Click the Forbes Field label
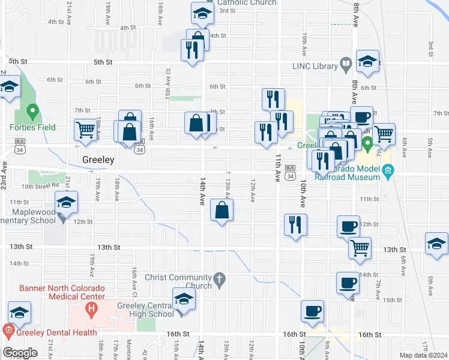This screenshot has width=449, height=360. (x=32, y=127)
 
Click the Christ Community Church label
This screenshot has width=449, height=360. (x=178, y=281)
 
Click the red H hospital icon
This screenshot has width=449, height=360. (x=91, y=310)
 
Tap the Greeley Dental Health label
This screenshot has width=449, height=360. (x=50, y=332)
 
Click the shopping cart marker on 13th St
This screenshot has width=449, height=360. (x=360, y=247)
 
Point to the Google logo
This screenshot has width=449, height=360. (x=20, y=353)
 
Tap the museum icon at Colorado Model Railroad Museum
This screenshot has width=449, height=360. (x=388, y=173)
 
